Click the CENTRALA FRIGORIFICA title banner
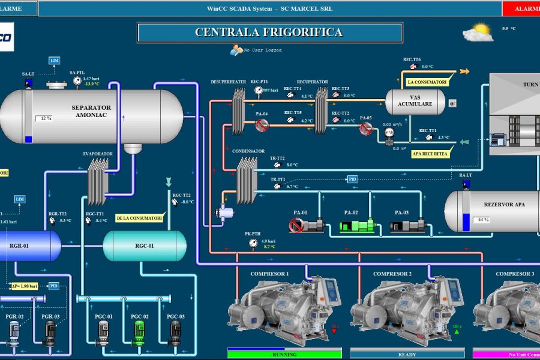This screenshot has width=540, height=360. (x=269, y=32)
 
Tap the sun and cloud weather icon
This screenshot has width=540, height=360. (x=478, y=32)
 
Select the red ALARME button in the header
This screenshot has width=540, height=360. (x=520, y=8)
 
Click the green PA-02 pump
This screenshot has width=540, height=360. (x=358, y=226)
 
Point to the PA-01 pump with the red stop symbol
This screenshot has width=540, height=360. (x=307, y=226)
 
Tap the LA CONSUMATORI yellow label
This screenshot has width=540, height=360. (x=427, y=82)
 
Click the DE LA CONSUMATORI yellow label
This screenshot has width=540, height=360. (x=139, y=218)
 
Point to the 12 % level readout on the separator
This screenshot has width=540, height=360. (x=44, y=118)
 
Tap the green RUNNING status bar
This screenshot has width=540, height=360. (x=284, y=354)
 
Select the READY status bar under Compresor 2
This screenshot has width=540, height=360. (x=407, y=354)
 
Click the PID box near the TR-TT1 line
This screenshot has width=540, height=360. (x=353, y=179)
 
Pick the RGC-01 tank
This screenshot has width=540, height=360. (x=145, y=245)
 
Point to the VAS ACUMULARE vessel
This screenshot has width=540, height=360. (x=415, y=101)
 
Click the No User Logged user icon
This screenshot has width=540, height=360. (x=236, y=50)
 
